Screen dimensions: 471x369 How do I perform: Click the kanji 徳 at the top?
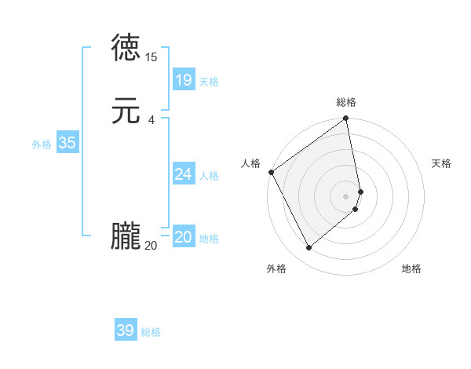coord(126,48)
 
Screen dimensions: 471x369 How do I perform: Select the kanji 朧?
coord(126,237)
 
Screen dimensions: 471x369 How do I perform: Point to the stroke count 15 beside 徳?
coord(152,57)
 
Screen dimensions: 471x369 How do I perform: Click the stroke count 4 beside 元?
coord(151,119)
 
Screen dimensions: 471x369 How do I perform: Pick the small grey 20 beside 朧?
coord(151,246)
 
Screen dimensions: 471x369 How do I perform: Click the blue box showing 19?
coord(183,80)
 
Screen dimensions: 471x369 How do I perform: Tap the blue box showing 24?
coord(183,174)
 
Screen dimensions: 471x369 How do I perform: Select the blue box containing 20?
coord(183,237)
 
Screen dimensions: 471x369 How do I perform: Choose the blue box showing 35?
coord(67,143)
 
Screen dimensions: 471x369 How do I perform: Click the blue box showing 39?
coord(126,331)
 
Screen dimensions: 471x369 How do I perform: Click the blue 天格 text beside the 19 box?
coord(209,82)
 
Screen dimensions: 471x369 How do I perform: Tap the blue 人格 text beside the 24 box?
coord(209,176)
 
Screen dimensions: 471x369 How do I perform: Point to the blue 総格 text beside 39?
coord(151,332)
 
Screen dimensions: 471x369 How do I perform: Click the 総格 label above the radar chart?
coord(346,102)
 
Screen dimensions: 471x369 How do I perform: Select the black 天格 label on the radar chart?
coord(441,163)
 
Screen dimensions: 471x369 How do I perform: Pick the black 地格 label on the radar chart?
coord(411,269)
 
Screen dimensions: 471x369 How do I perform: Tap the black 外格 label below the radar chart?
coord(276,269)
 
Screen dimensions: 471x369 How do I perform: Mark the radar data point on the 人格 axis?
coord(271,172)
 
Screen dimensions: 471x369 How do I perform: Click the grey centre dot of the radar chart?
coord(346,195)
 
